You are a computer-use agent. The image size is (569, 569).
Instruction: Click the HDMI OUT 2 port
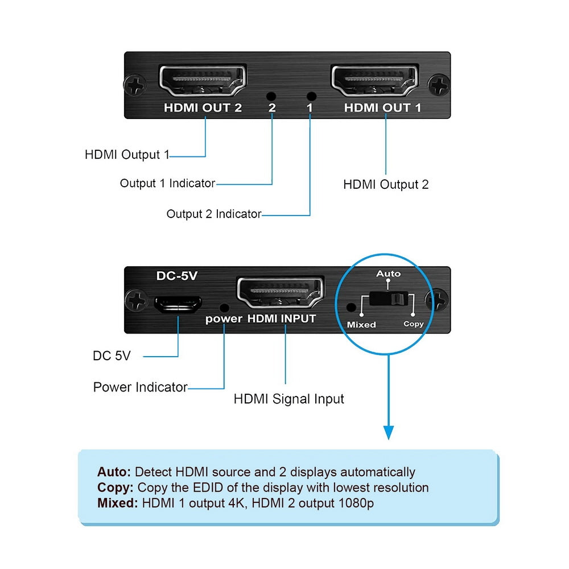(x=203, y=81)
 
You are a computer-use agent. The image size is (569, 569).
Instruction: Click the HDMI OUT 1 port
(x=376, y=81)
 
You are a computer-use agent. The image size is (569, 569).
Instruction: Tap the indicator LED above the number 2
(x=271, y=97)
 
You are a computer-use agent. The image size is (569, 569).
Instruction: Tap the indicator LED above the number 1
(x=310, y=97)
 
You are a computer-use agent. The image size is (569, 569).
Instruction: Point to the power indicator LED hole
(x=224, y=306)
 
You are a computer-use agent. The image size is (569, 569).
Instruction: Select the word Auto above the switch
(x=388, y=274)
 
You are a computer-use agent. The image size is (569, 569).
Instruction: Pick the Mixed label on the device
(x=361, y=324)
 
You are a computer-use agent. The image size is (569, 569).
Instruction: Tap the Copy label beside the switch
(x=414, y=324)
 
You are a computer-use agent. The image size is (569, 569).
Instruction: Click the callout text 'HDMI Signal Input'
(x=288, y=399)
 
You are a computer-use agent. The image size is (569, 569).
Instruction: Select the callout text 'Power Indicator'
(x=140, y=387)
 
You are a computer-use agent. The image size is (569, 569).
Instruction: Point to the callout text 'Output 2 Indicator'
(x=213, y=215)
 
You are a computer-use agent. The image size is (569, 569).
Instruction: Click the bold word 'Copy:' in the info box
(x=116, y=488)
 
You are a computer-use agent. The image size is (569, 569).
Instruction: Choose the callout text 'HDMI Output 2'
(x=386, y=184)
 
